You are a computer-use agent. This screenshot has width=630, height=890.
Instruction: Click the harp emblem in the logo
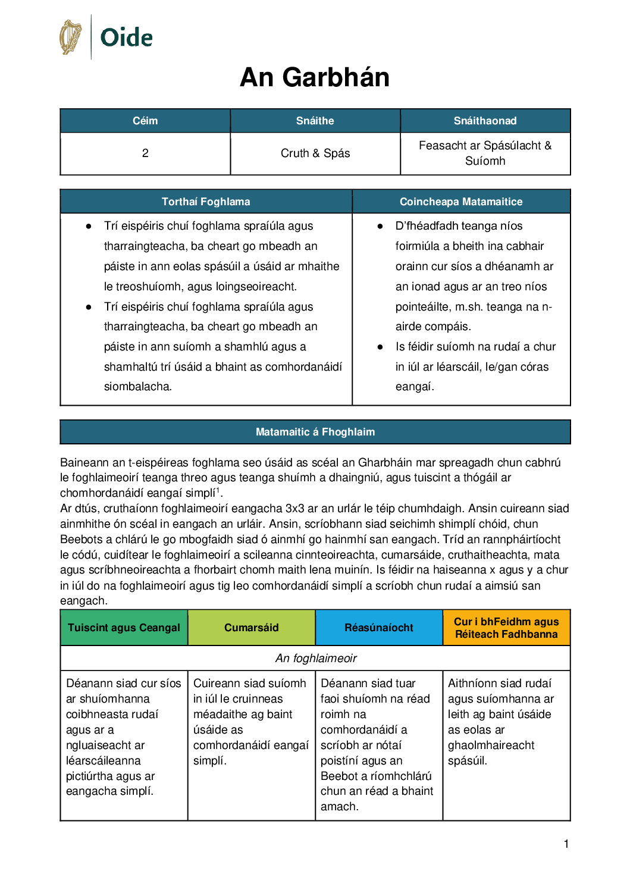71,37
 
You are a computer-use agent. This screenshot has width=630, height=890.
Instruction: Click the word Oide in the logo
126,38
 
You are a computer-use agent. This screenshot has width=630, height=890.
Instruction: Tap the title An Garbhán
315,77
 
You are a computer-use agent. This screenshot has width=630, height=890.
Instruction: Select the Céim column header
145,121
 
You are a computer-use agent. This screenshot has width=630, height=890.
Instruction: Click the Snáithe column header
315,121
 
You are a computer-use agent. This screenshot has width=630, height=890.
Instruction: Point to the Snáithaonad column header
485,121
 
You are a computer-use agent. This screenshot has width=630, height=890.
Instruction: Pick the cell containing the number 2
145,153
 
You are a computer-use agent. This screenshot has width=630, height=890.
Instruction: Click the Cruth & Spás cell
315,153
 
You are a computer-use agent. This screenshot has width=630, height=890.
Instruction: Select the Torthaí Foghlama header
206,202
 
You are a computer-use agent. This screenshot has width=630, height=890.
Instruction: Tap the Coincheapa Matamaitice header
461,202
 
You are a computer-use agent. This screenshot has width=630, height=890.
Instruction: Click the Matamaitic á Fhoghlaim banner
315,432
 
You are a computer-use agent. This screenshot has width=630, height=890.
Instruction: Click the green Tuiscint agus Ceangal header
124,628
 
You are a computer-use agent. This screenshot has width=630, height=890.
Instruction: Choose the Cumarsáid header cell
251,628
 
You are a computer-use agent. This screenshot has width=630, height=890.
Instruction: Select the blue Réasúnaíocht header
378,628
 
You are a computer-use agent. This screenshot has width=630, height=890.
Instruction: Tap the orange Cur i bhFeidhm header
506,628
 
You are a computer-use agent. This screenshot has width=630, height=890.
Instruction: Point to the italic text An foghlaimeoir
316,659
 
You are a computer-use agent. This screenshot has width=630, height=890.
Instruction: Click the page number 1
566,844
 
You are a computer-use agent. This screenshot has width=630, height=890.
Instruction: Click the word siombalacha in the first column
137,387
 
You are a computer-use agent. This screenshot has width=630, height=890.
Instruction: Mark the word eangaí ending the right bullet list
414,387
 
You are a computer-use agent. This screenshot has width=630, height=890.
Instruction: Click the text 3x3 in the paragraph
296,509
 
